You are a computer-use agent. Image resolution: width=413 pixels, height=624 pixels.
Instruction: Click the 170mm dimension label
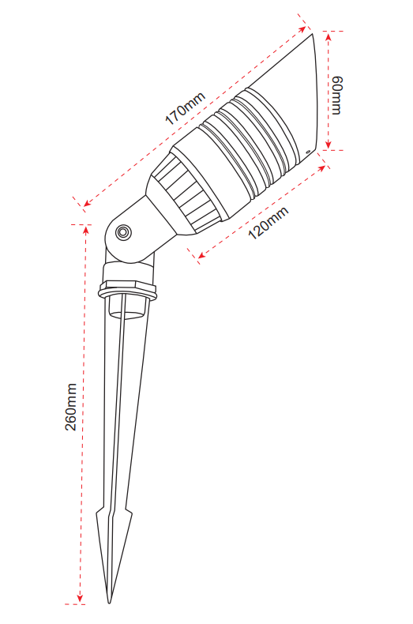point(186,108)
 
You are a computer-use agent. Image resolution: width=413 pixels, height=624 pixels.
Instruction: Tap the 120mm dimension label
point(268,224)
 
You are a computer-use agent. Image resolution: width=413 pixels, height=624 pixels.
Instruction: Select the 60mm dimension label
point(336,96)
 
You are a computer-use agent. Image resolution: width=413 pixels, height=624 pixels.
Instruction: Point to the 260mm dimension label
point(71,407)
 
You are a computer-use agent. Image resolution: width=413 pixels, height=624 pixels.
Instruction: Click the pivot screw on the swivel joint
point(123,232)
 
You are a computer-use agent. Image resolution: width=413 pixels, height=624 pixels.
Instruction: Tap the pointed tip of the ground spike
point(110,603)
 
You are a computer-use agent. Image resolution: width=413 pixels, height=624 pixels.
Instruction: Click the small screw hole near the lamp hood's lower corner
point(307,151)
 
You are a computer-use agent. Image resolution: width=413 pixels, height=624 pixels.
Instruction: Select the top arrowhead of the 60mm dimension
point(329,36)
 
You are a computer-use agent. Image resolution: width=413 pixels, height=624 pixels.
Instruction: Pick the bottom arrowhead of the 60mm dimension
point(329,144)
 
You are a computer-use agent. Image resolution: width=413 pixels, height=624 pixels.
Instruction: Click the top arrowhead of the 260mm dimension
point(85,231)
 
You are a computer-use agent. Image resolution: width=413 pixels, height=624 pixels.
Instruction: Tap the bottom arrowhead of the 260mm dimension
point(80,598)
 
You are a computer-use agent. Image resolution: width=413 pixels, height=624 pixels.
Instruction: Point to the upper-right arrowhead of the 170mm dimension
point(302,29)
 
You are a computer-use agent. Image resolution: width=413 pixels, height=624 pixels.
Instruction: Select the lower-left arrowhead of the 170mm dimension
point(88,203)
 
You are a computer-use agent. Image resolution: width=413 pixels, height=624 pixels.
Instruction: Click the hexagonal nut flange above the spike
point(127,291)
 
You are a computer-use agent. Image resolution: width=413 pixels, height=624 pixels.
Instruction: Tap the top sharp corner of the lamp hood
point(312,33)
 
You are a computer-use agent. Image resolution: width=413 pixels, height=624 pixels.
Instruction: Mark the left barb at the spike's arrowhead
point(97,512)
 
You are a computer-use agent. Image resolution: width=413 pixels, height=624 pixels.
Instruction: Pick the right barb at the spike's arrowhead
point(130,513)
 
